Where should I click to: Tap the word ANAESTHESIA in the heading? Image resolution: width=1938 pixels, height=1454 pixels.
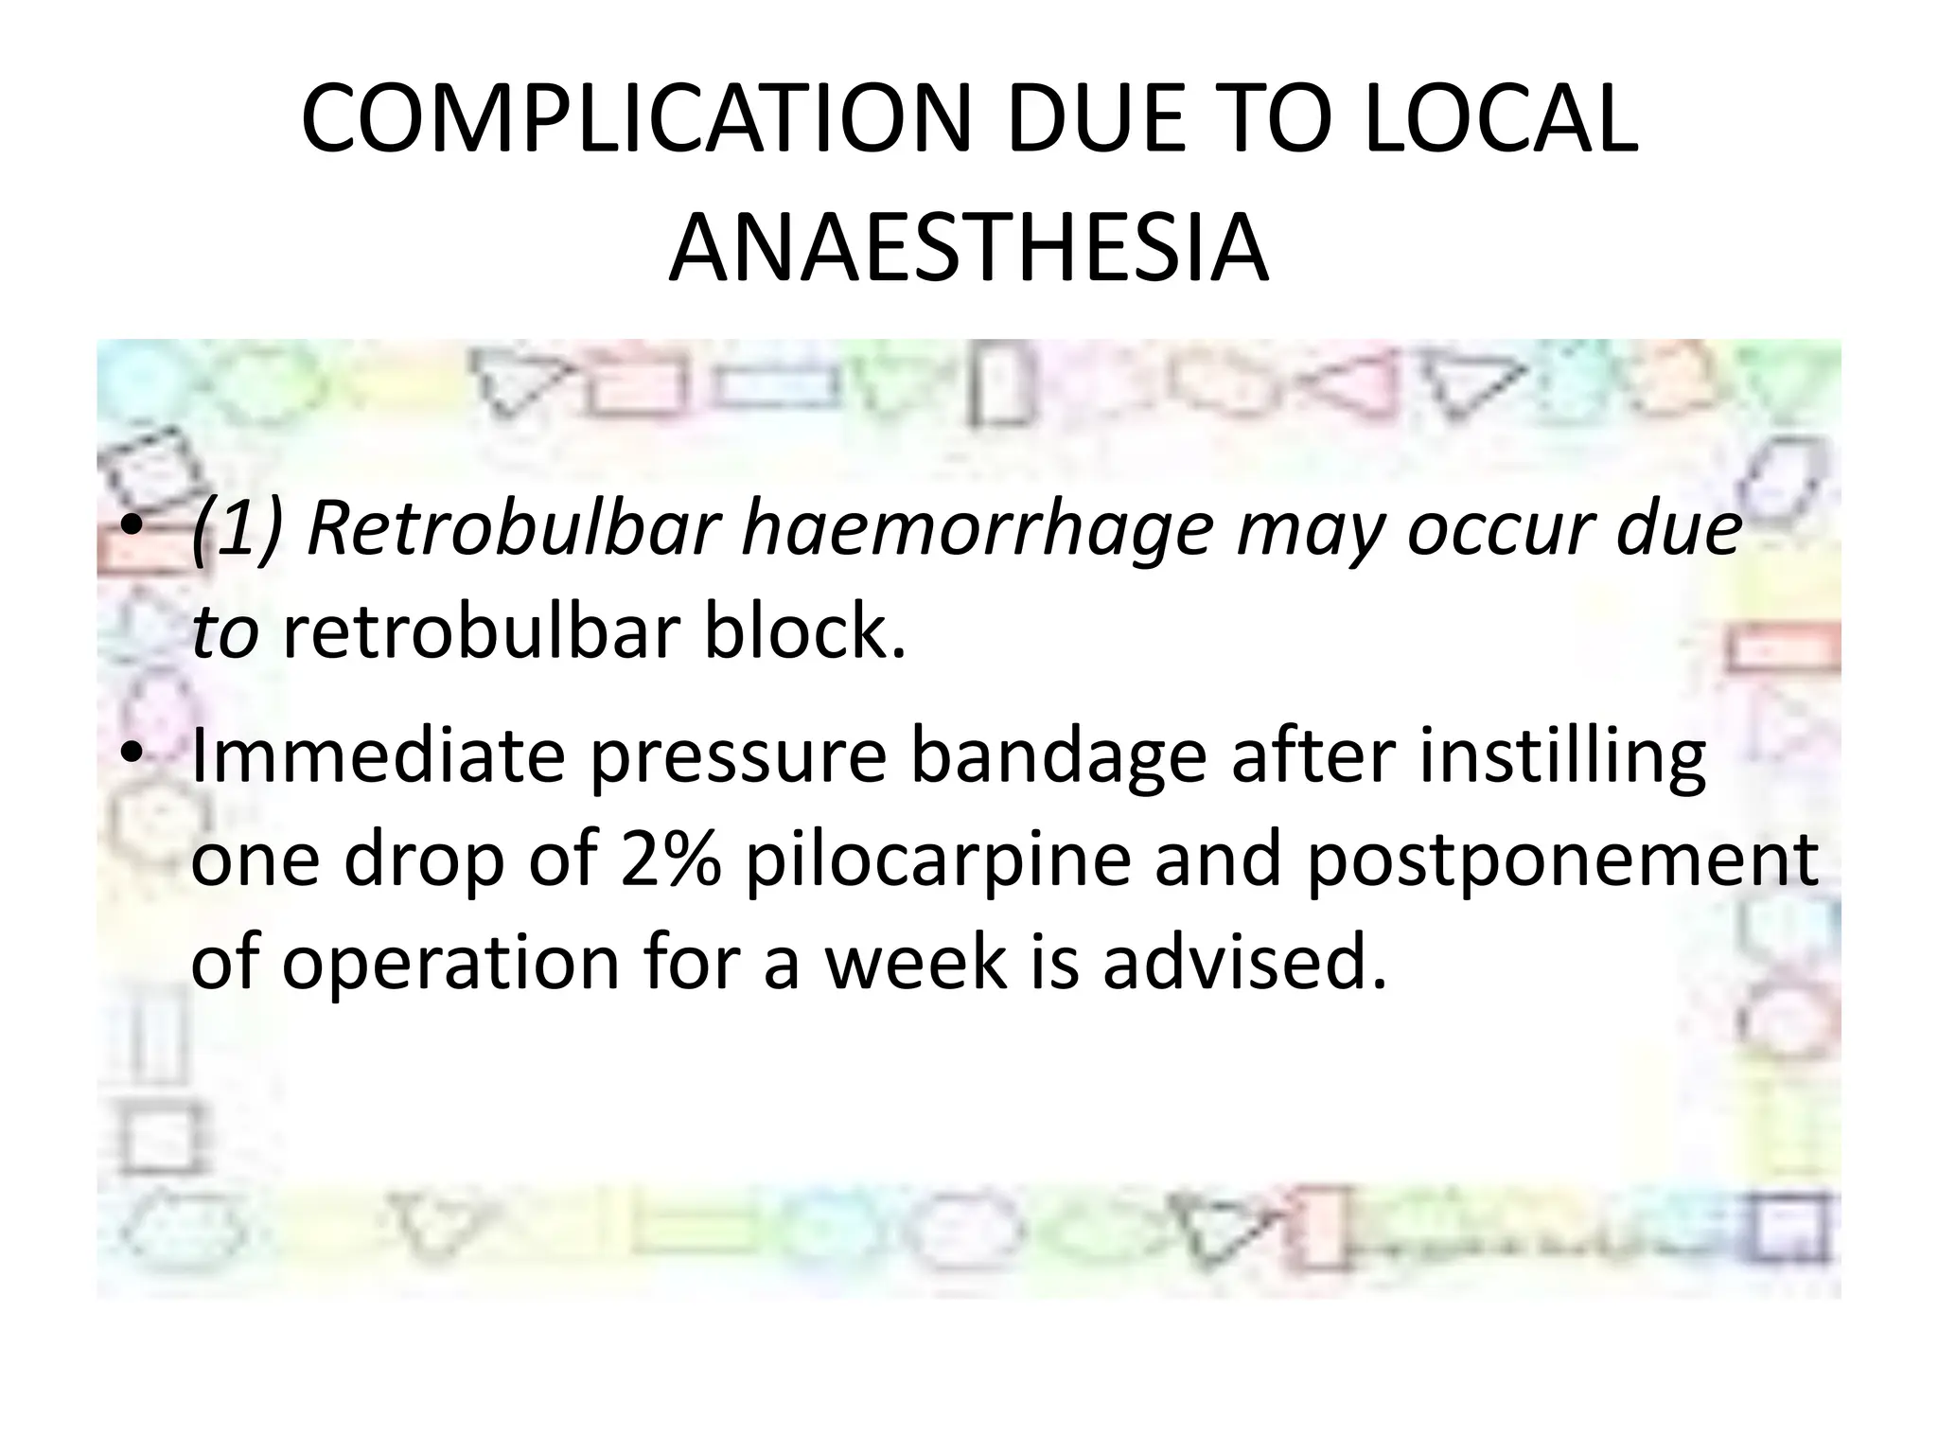click(968, 248)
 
